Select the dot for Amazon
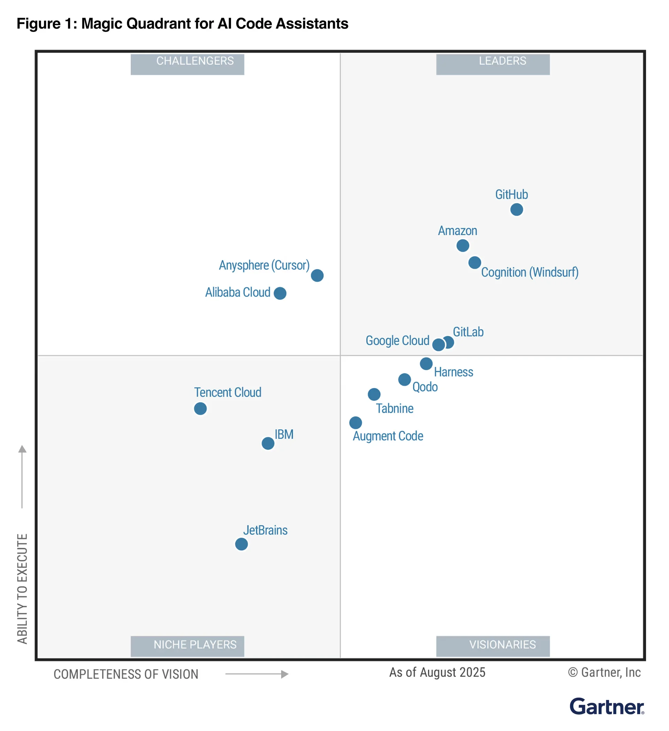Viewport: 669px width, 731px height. (463, 246)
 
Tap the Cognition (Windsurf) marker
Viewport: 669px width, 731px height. (475, 262)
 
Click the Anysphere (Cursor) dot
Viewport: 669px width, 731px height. (317, 275)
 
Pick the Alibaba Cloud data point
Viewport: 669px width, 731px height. (280, 293)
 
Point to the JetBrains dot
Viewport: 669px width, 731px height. (241, 544)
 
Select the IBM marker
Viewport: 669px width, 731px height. (268, 443)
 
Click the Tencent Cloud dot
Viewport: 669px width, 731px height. (200, 409)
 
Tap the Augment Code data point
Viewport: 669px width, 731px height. (355, 422)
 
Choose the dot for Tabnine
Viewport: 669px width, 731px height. (374, 394)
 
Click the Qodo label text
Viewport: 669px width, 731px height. (425, 387)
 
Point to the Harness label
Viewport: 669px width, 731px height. (453, 372)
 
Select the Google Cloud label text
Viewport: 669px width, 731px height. (397, 340)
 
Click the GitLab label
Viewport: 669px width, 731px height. (468, 332)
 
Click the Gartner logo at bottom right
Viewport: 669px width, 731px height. (606, 707)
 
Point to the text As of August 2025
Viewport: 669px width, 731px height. (437, 672)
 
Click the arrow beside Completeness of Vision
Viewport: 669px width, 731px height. (257, 674)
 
